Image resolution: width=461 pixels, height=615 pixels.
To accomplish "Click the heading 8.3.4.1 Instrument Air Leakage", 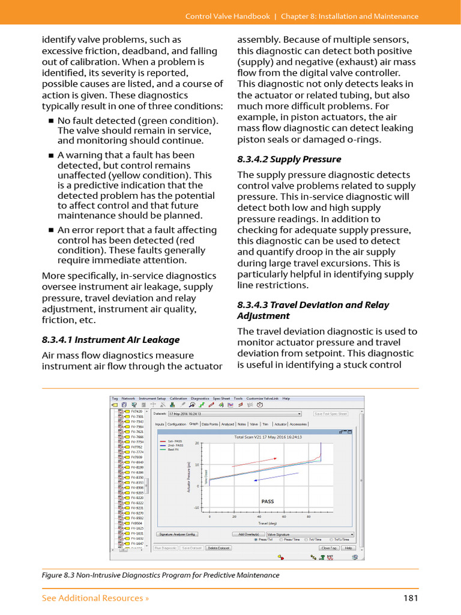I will click(x=110, y=340).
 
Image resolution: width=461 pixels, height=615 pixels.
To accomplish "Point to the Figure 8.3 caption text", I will click(x=160, y=575).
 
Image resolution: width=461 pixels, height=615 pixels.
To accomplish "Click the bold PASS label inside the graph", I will click(x=267, y=501).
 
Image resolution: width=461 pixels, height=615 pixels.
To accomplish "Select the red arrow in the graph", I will click(x=254, y=462).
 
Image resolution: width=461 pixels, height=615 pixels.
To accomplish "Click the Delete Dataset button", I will click(x=219, y=548).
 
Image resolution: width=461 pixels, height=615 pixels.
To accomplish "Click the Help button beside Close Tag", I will click(x=349, y=548).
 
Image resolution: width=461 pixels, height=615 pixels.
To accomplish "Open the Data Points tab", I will click(x=210, y=424).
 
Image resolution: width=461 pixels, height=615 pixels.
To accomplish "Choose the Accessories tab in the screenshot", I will click(x=298, y=424).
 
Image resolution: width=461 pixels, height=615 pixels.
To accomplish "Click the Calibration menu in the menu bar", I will click(x=178, y=398).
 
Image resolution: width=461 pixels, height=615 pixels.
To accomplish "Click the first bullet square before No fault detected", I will click(x=51, y=121).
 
